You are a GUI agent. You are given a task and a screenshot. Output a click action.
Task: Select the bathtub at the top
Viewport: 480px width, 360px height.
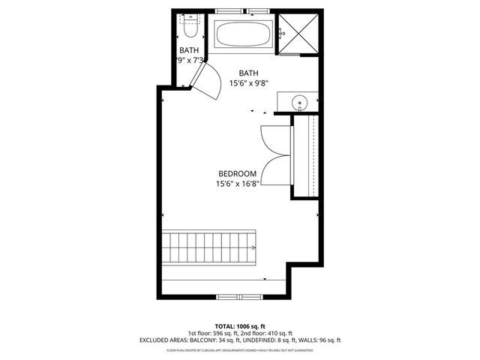point(245,34)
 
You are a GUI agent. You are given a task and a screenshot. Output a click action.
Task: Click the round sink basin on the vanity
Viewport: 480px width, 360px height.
point(301,102)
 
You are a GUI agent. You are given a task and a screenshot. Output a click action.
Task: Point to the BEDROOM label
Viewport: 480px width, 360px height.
point(237,173)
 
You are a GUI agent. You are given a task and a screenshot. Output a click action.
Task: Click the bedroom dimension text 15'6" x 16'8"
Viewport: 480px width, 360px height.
point(237,184)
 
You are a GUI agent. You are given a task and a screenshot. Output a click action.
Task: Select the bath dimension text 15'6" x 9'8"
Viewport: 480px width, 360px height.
point(249,84)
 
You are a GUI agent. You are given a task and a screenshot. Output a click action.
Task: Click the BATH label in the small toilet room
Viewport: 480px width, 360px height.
point(189,50)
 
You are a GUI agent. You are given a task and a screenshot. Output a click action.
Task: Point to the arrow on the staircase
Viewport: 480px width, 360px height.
point(255,246)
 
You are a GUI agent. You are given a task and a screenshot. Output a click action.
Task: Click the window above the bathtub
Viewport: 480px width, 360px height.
point(245,12)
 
